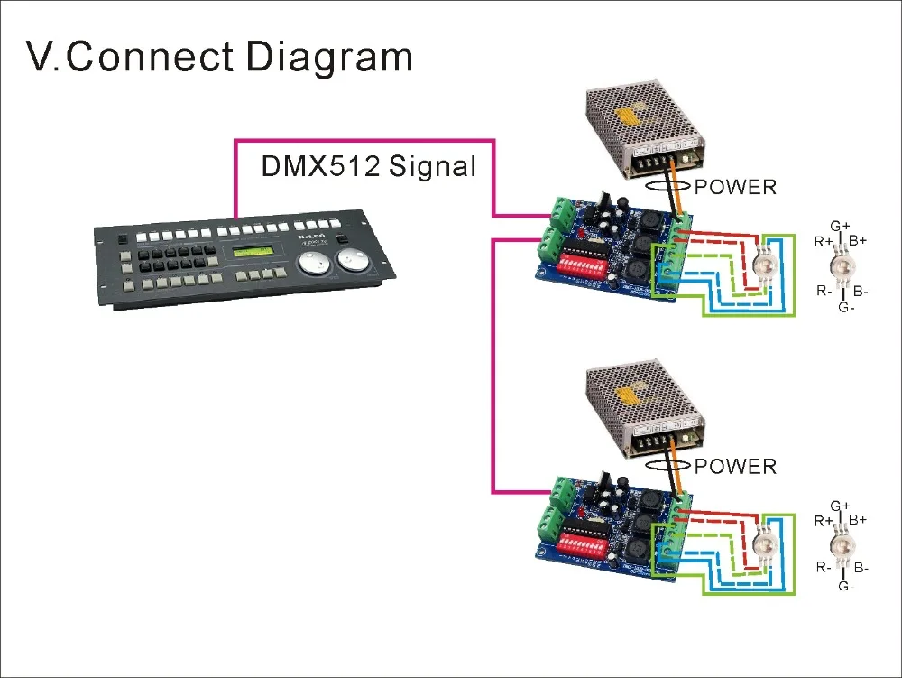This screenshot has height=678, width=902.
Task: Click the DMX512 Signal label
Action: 368,166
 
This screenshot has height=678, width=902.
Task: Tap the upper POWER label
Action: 735,187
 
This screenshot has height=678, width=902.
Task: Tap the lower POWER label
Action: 735,466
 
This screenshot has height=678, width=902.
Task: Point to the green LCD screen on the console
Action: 255,251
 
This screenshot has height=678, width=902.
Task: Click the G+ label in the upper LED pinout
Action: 841,226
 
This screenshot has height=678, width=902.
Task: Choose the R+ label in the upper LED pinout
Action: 824,242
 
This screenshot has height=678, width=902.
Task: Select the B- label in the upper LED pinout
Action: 861,292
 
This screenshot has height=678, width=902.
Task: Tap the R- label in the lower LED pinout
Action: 824,568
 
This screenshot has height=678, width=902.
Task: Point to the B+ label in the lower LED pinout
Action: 858,520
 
